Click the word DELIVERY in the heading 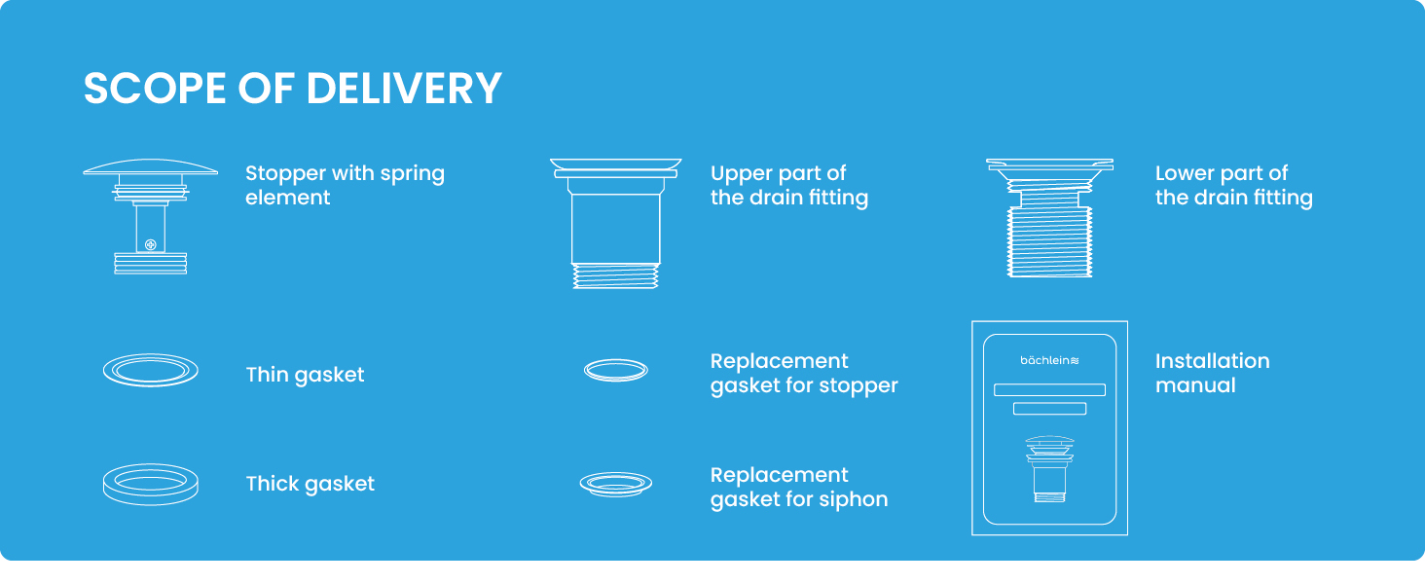[404, 89]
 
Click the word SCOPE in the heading [155, 89]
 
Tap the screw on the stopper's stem [150, 244]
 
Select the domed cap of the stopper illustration [150, 167]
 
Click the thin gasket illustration [150, 371]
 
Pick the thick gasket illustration [150, 484]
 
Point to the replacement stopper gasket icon [616, 370]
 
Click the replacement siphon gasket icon [616, 483]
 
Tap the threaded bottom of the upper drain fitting [616, 275]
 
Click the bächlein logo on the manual [1049, 361]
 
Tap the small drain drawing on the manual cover [1049, 469]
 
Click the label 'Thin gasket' [305, 375]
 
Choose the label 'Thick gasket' [310, 484]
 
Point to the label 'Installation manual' [1212, 373]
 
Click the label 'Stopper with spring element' [345, 185]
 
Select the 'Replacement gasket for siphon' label [799, 488]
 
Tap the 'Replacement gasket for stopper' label [804, 374]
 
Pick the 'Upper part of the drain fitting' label [788, 185]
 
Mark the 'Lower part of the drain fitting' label [1233, 185]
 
